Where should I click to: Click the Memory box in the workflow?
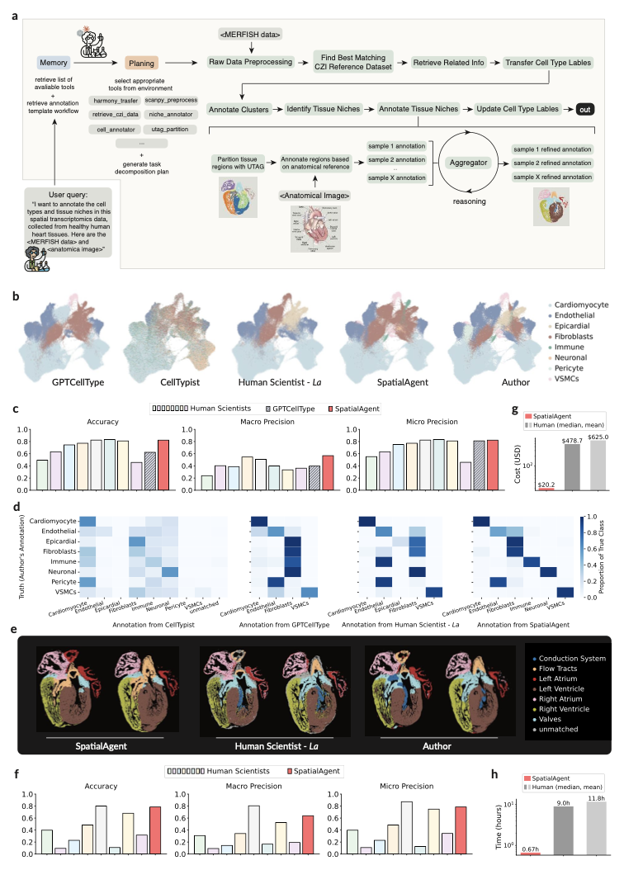(x=51, y=63)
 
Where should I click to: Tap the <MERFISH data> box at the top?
(x=250, y=33)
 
